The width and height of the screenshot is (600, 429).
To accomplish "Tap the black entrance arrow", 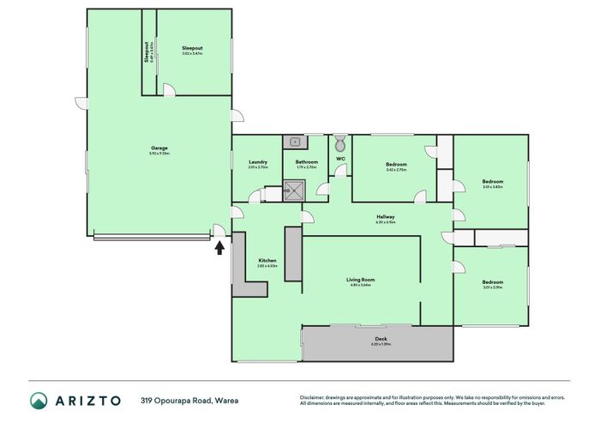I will (x=219, y=248).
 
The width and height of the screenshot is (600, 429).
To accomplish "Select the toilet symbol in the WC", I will (x=340, y=142).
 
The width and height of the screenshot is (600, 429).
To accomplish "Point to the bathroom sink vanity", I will (x=296, y=142).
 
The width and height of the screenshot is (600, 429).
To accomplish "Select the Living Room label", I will (x=359, y=280).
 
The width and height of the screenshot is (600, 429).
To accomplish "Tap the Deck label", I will (x=379, y=339).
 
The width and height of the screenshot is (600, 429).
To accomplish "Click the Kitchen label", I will (x=267, y=261).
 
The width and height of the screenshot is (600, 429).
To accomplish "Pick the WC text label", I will (x=340, y=160).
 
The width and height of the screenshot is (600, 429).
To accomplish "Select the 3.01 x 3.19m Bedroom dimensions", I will (x=492, y=287).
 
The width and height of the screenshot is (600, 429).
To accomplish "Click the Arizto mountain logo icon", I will (x=39, y=401).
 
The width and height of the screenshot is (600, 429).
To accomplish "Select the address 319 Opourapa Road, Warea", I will (x=189, y=401).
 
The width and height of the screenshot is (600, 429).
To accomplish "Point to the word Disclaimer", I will (x=315, y=396).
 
